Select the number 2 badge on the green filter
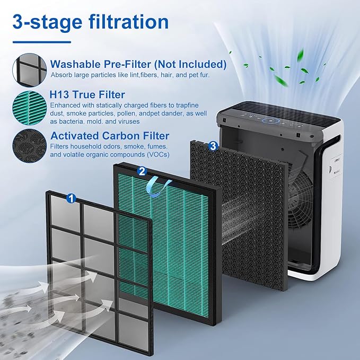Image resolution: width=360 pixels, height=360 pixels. tap(142, 171)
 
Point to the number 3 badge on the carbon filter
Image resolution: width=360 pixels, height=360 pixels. tap(213, 145)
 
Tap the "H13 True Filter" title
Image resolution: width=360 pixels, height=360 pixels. tap(87, 94)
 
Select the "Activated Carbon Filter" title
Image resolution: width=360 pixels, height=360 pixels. tap(110, 136)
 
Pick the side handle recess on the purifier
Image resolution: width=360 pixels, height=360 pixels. tap(334, 175)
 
